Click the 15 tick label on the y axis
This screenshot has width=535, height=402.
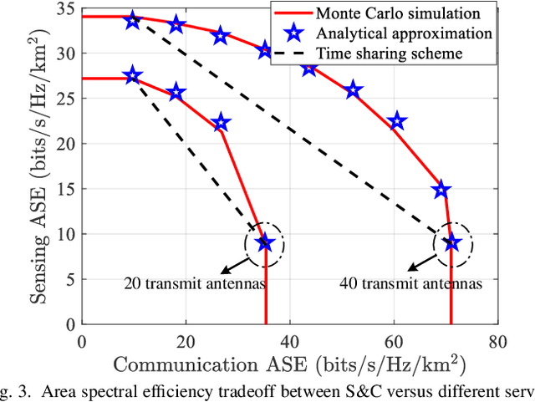pos(69,190)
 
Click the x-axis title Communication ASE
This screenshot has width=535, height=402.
pos(288,365)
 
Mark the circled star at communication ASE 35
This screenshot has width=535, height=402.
pos(265,243)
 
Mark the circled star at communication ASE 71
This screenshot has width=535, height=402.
pos(452,243)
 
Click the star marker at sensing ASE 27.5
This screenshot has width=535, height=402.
pos(133,75)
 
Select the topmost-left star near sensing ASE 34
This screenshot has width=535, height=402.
pos(133,21)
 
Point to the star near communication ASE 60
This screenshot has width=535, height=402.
pos(398,122)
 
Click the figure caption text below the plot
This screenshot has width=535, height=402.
pos(267,393)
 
